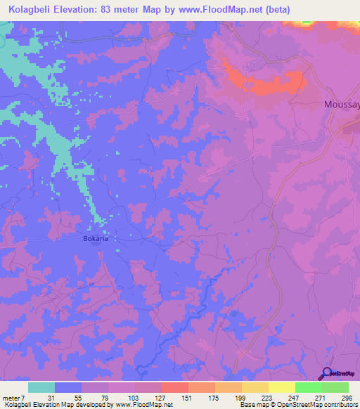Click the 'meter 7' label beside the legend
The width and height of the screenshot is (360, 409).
(x=13, y=398)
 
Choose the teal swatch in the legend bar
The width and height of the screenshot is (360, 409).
(x=41, y=387)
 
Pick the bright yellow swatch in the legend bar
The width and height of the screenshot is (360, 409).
(x=282, y=387)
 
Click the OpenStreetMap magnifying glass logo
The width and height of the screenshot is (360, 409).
(x=325, y=373)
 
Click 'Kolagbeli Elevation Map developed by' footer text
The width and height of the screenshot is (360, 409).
(x=56, y=405)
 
